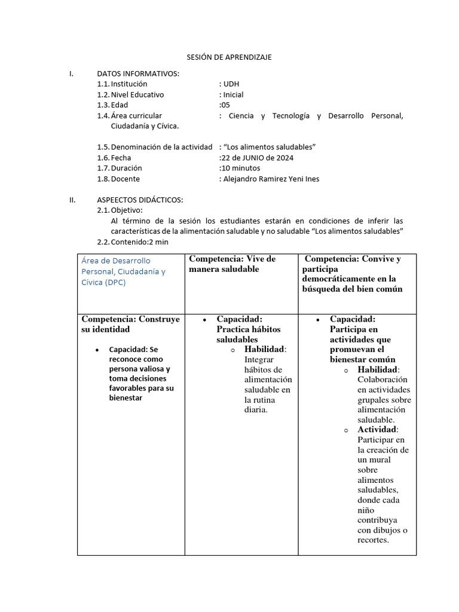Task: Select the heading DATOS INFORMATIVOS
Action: [x=138, y=74]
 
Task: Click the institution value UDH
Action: [x=230, y=84]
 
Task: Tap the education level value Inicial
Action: [x=232, y=94]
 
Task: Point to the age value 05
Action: [x=225, y=105]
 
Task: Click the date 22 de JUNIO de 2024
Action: [x=256, y=158]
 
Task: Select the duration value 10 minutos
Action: [x=240, y=168]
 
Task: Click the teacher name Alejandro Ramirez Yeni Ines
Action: [x=270, y=179]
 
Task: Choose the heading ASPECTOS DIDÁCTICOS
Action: [x=140, y=200]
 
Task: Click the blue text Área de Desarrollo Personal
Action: [x=116, y=261]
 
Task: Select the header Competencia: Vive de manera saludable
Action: [x=232, y=264]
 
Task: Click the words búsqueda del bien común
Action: [x=352, y=289]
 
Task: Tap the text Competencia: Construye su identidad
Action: [x=130, y=324]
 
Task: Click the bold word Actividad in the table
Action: [x=377, y=430]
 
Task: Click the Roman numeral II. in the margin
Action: [x=73, y=200]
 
